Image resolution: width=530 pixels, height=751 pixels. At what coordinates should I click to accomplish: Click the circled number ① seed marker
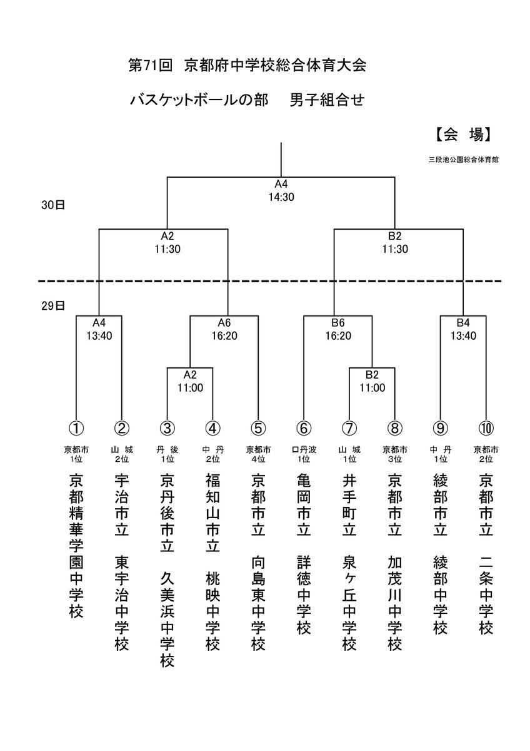[x=76, y=428]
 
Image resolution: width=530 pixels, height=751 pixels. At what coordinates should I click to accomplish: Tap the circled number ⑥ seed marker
[x=304, y=428]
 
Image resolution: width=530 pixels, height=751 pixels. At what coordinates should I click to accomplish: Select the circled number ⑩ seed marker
[x=486, y=428]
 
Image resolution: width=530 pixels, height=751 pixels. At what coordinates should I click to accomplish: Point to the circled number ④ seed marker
[x=212, y=428]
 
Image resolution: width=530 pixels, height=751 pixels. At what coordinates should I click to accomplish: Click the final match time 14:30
[x=281, y=196]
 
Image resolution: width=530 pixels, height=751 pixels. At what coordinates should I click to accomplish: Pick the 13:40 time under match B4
[x=463, y=335]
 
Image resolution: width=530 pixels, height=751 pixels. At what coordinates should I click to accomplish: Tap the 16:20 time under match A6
[x=224, y=335]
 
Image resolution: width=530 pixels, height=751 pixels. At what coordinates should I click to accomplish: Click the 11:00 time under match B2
[x=372, y=387]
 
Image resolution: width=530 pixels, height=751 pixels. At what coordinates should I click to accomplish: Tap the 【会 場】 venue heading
[x=461, y=134]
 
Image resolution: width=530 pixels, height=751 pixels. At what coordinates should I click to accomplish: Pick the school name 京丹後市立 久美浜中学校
[x=167, y=570]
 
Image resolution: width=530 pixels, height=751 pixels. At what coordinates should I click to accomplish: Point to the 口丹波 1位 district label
[x=304, y=454]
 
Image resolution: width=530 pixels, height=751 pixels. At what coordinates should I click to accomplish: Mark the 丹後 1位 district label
[x=167, y=454]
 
